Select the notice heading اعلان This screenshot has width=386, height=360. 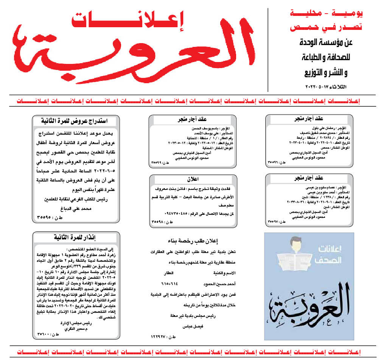click(193, 179)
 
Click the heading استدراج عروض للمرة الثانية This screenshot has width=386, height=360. click(76, 121)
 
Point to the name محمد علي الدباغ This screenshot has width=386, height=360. click(75, 208)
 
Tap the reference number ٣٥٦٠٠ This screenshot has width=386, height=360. click(46, 335)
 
